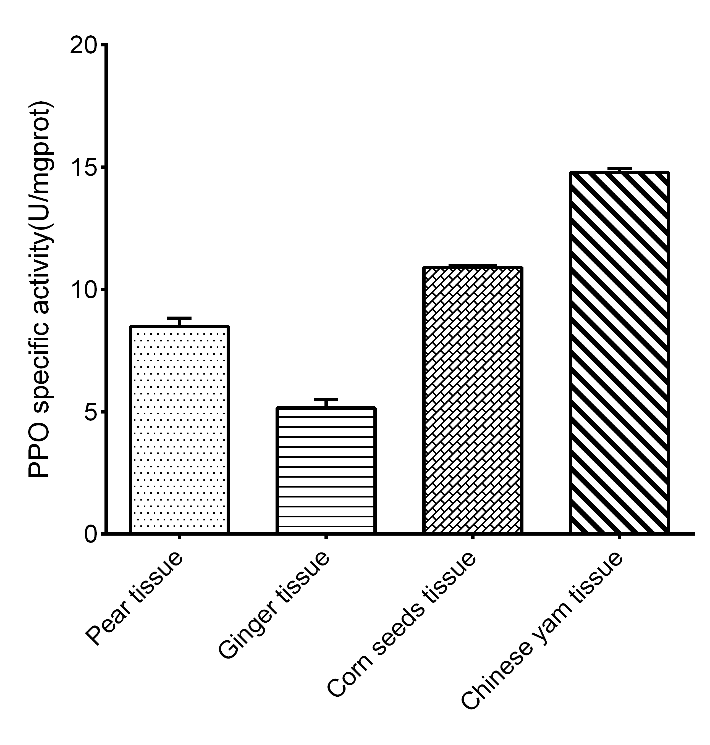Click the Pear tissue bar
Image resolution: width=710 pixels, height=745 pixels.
pos(179,430)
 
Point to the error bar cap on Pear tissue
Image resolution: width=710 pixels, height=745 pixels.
pos(179,318)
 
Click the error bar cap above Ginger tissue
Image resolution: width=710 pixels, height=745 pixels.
pos(326,399)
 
